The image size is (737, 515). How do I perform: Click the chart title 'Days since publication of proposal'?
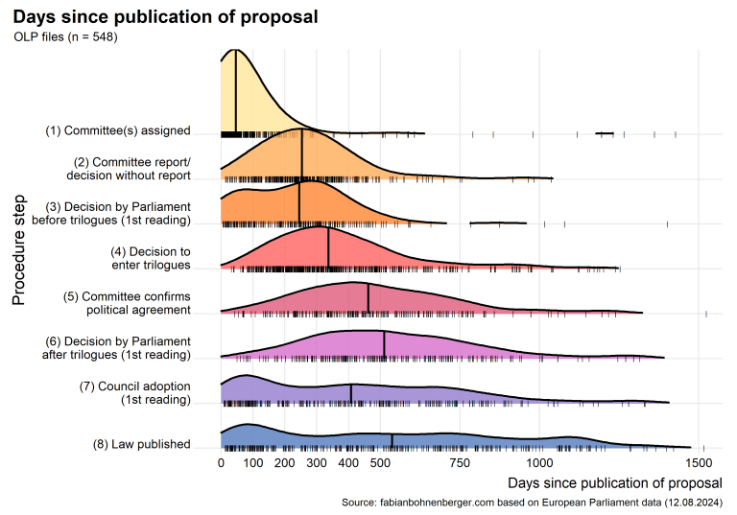tap(165, 17)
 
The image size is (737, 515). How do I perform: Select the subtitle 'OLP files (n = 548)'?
tap(66, 37)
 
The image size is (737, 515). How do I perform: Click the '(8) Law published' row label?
tap(141, 444)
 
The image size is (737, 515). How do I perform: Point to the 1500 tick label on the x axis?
tap(702, 462)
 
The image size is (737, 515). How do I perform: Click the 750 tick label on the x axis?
tap(460, 462)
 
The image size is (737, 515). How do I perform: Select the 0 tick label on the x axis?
tap(222, 462)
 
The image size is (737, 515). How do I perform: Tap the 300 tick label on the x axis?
tap(317, 462)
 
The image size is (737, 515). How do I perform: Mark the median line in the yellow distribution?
tap(236, 91)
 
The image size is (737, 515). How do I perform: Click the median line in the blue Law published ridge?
tap(392, 441)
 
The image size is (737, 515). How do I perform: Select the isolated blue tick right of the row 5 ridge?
tap(705, 314)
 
